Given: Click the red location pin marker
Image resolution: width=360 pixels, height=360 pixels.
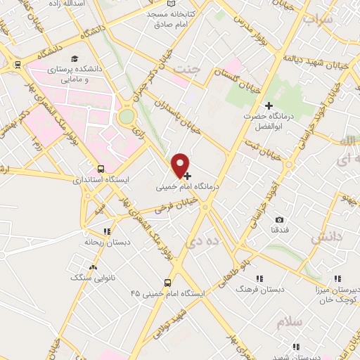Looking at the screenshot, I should coord(181,164).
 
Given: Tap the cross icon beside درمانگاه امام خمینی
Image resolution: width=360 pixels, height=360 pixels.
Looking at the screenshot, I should coord(188,175).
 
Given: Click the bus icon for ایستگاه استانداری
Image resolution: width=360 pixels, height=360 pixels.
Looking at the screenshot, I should coord(102,169).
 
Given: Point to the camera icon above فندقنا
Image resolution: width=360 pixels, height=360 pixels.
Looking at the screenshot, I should coord(280,220).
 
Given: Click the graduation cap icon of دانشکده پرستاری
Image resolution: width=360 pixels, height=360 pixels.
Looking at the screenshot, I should coord(75,59).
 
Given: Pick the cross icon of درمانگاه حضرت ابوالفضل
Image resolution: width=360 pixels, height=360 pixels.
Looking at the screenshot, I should coord(269,105).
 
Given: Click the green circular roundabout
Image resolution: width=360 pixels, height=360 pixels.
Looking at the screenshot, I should coord(127,116).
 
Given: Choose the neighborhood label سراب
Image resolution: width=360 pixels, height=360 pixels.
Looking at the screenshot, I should coord(317,20).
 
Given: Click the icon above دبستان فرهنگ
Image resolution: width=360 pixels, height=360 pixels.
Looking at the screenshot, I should coord(259,278).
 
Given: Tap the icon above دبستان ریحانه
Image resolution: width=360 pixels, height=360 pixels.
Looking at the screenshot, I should coord(107,231).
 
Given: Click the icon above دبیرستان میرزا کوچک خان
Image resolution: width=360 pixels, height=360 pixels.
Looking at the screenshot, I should coord(337,278).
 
